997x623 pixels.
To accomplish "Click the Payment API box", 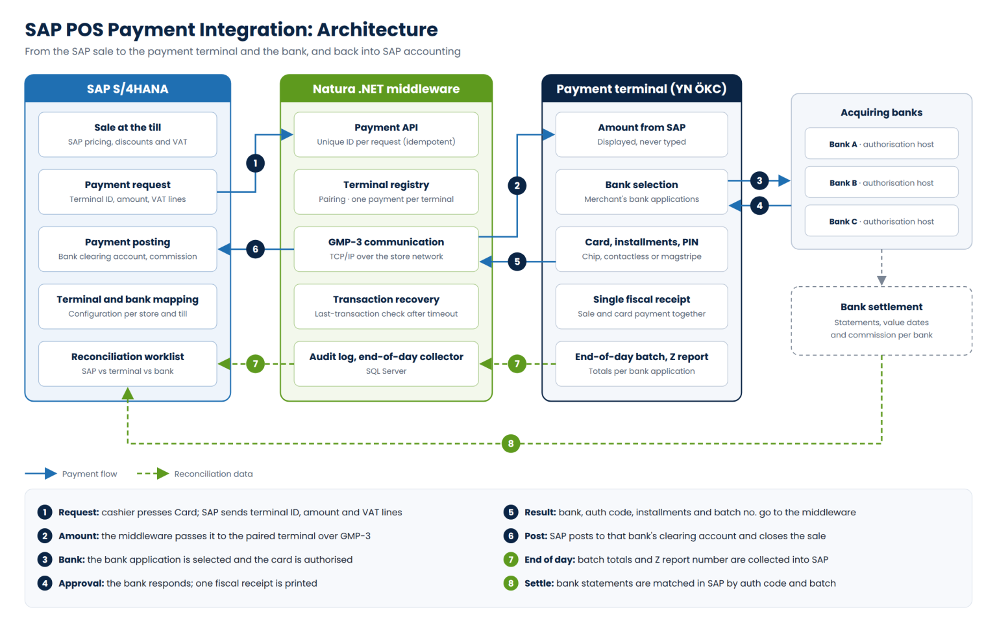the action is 386,134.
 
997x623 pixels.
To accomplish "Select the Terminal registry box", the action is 386,192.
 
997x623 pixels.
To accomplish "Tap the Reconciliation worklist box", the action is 128,363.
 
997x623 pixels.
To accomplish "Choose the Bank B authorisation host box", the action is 881,182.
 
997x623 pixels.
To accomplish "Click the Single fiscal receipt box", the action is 641,306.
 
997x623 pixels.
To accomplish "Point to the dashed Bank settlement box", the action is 881,321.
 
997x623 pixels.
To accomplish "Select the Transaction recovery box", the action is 386,306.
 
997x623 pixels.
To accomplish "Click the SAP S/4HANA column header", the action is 128,88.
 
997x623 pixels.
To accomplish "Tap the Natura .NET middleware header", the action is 386,88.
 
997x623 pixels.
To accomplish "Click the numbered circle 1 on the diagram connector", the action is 256,164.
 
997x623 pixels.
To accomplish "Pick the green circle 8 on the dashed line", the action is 511,443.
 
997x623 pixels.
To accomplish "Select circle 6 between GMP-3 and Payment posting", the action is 256,249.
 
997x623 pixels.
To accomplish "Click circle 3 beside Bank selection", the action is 759,180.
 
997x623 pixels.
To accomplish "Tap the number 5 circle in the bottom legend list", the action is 511,512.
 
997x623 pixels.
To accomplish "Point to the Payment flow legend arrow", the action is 41,474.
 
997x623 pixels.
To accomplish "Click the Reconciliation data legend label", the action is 213,474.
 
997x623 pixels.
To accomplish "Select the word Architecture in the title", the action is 377,30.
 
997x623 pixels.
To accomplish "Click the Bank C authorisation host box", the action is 881,221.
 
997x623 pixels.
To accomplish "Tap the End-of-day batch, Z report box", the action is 641,363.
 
